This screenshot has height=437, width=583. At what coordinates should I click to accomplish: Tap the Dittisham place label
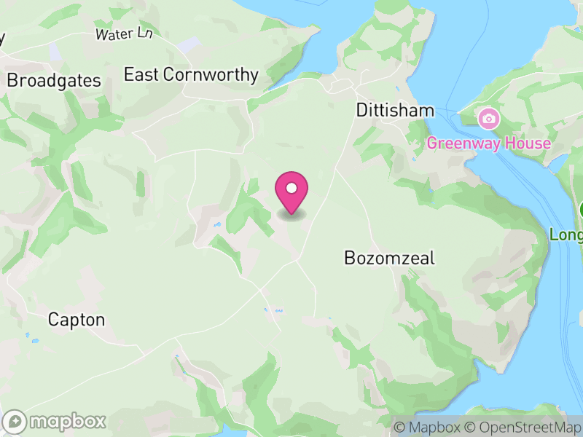[x=395, y=111]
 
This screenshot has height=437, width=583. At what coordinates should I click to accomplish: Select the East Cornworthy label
[x=191, y=74]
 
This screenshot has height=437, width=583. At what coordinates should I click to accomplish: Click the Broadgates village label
[x=54, y=81]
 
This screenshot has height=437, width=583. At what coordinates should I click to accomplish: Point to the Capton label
[x=77, y=320]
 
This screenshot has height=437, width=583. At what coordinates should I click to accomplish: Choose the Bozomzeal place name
[x=389, y=258]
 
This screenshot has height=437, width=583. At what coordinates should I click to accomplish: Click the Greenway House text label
[x=488, y=143]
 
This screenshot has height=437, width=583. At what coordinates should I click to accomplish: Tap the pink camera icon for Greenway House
[x=488, y=118]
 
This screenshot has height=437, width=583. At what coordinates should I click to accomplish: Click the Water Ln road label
[x=124, y=34]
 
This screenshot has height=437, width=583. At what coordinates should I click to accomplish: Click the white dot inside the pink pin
[x=291, y=189]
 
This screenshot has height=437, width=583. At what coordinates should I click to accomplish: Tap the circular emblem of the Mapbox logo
[x=16, y=422]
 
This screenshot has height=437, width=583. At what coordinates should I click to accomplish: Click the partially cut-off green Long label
[x=566, y=235]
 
